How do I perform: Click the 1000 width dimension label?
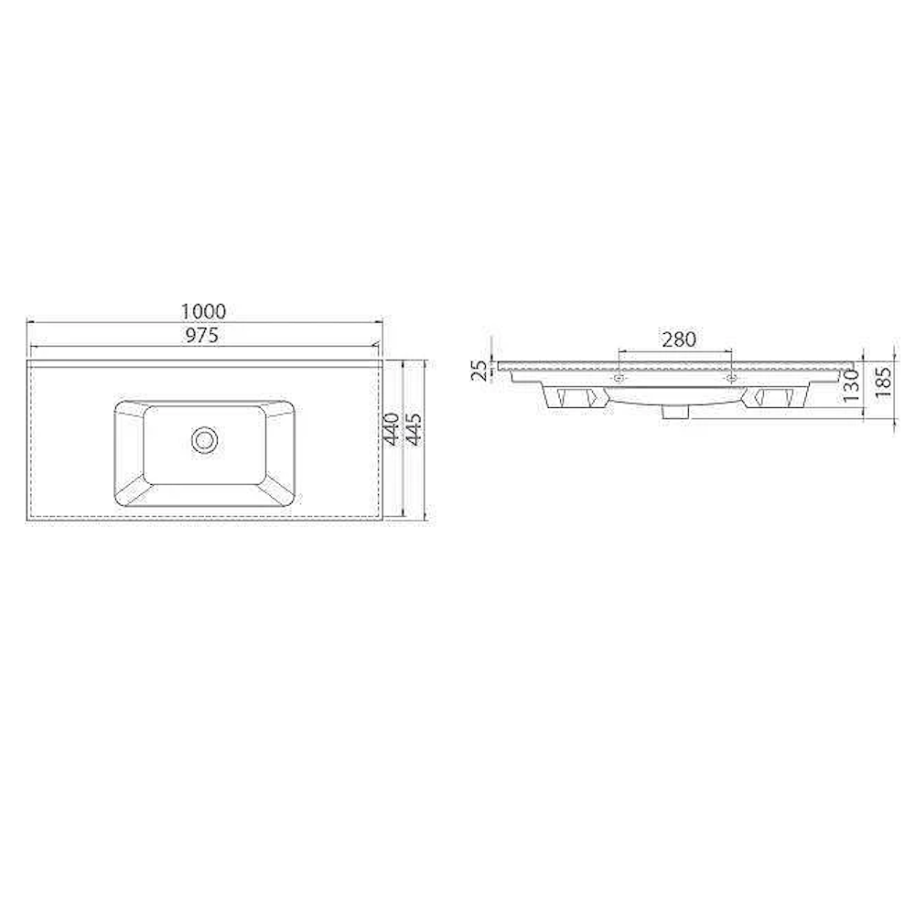(203, 311)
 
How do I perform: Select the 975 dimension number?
(202, 335)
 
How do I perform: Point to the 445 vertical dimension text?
(414, 429)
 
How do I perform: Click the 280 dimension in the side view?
(679, 339)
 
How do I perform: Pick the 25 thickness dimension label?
(479, 371)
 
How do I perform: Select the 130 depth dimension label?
(851, 386)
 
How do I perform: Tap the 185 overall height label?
(884, 382)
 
